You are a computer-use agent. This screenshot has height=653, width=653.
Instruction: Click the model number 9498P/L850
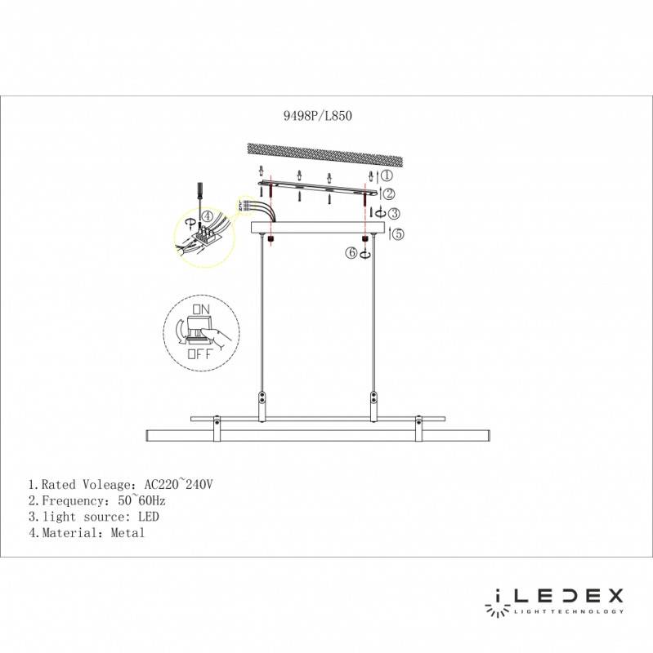click(x=316, y=117)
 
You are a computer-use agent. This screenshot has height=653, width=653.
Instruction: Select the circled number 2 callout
click(x=390, y=193)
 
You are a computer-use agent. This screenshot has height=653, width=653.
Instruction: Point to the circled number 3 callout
click(x=393, y=214)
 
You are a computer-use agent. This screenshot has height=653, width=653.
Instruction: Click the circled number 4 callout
click(x=208, y=216)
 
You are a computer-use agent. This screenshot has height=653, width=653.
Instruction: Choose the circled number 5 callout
click(x=398, y=234)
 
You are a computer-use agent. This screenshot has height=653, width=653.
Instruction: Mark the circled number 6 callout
click(x=352, y=254)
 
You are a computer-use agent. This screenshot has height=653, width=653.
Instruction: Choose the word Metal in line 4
click(x=128, y=533)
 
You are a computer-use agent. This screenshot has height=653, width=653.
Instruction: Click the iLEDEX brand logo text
click(x=555, y=595)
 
